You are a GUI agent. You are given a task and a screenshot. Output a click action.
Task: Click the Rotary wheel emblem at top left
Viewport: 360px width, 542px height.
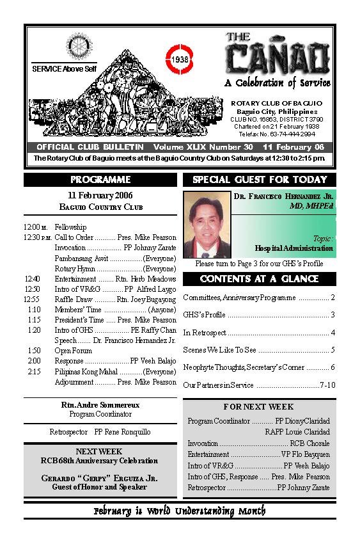coord(79,45)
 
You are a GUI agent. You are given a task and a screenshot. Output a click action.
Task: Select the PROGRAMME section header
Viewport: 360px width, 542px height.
coord(100,180)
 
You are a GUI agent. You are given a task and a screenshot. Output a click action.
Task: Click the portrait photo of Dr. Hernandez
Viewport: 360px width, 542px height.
coord(207,223)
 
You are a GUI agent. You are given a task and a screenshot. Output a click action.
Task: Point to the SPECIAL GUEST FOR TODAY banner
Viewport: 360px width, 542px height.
coord(260,180)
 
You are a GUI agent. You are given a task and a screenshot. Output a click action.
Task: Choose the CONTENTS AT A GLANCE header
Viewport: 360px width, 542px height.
coord(259,279)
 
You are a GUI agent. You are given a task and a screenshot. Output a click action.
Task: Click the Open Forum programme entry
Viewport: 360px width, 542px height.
coord(71,351)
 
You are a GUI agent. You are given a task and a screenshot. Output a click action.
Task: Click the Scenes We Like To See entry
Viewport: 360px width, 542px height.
coord(219,350)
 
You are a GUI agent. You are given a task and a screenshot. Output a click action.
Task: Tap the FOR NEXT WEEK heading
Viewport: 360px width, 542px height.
coord(259,407)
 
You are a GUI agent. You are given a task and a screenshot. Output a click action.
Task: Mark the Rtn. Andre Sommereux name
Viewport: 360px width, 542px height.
coord(100,405)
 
